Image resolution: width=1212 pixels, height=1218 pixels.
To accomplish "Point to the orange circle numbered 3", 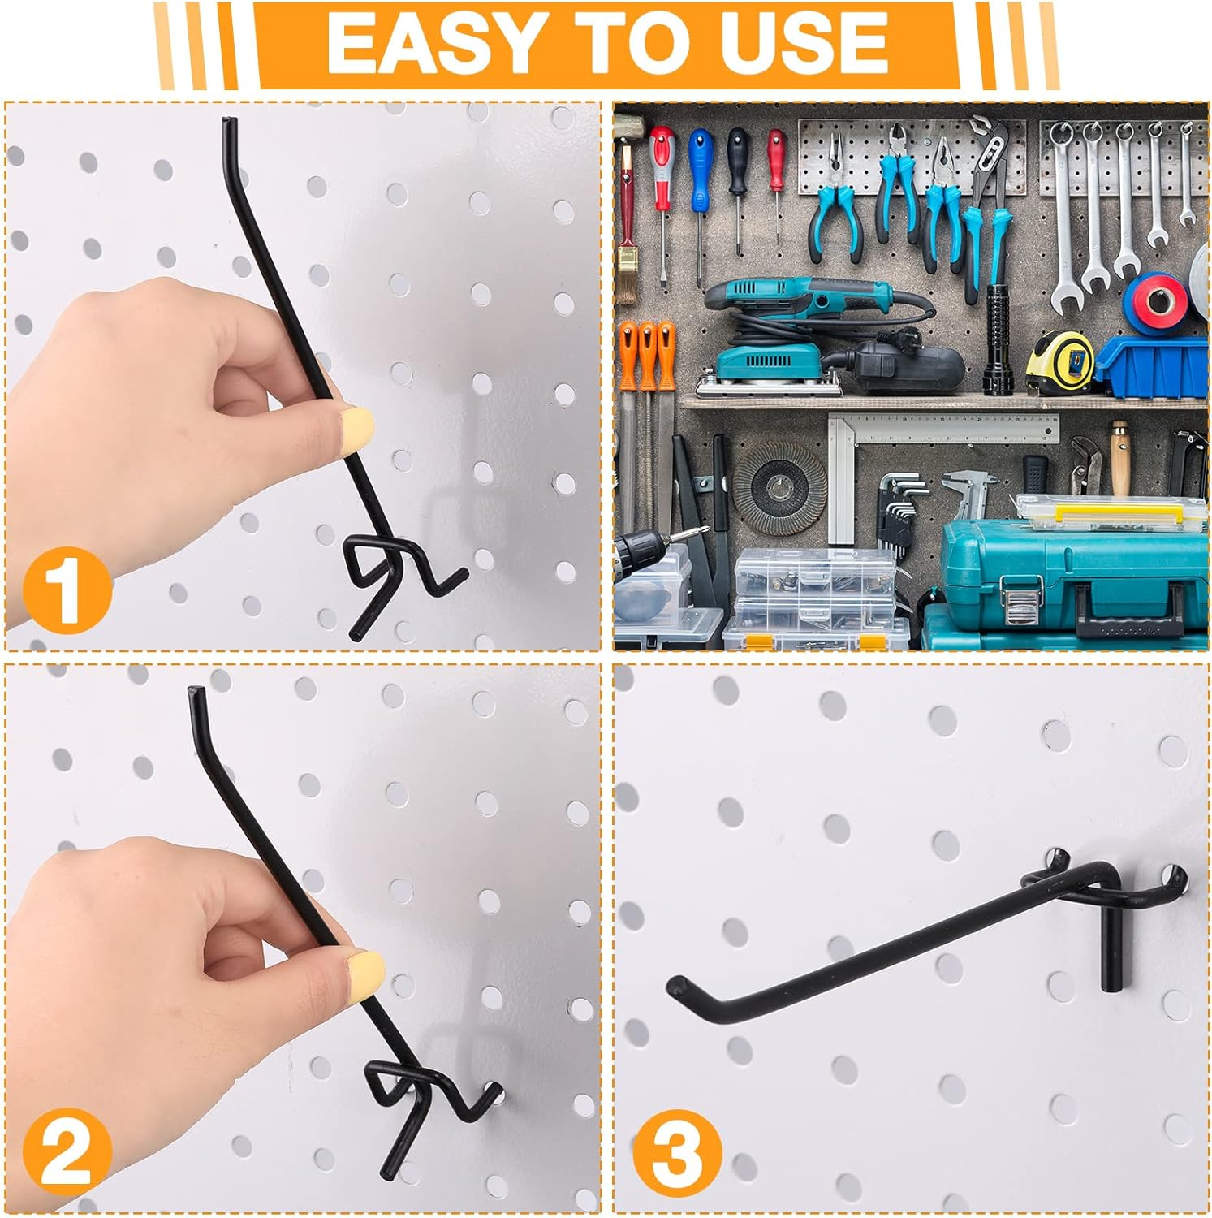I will [677, 1154].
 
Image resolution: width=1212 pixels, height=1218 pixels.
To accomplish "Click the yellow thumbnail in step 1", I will [358, 424].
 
